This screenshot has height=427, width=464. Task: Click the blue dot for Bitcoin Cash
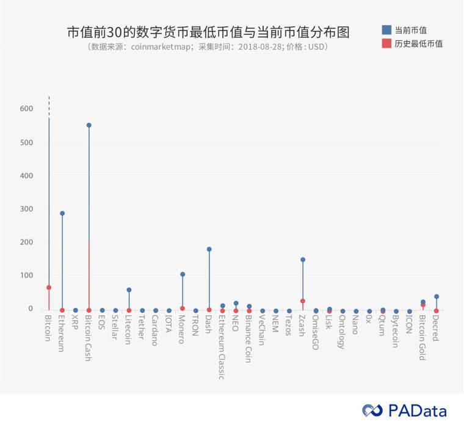pyautogui.click(x=89, y=125)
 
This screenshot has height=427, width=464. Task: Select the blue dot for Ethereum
pyautogui.click(x=62, y=213)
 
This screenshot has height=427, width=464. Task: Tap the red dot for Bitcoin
pyautogui.click(x=49, y=287)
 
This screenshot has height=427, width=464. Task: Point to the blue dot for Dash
pyautogui.click(x=209, y=249)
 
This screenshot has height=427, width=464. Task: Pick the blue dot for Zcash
pyautogui.click(x=302, y=260)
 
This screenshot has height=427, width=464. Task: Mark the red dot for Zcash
pyautogui.click(x=302, y=301)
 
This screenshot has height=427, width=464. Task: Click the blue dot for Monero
pyautogui.click(x=183, y=274)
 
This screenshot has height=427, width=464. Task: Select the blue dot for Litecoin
pyautogui.click(x=129, y=290)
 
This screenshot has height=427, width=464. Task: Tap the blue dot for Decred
pyautogui.click(x=436, y=296)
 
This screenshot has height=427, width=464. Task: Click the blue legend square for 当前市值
pyautogui.click(x=386, y=30)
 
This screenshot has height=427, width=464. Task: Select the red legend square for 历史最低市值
pyautogui.click(x=386, y=43)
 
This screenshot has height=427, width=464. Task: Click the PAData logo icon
pyautogui.click(x=372, y=411)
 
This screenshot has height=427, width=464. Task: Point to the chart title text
pyautogui.click(x=208, y=32)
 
